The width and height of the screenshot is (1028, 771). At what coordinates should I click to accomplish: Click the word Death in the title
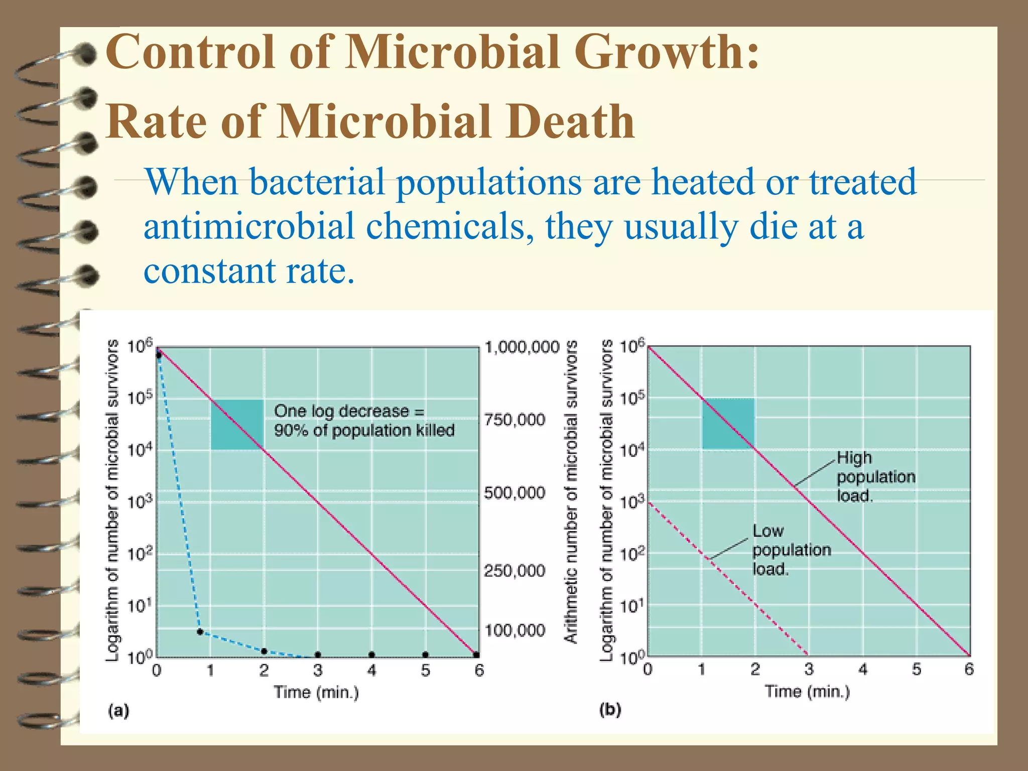[570, 122]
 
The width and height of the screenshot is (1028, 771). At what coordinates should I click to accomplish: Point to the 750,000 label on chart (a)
[515, 420]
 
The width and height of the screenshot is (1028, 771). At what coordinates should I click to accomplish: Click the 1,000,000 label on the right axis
[522, 347]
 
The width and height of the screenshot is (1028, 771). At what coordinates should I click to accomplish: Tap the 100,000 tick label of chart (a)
[515, 630]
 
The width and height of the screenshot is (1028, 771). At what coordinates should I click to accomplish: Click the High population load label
[875, 477]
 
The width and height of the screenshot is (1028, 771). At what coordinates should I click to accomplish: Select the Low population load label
[791, 550]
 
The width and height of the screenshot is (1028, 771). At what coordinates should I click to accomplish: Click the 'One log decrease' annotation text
[364, 421]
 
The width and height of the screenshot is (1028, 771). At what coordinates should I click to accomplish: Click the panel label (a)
[119, 711]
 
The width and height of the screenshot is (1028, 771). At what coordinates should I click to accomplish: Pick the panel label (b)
[610, 710]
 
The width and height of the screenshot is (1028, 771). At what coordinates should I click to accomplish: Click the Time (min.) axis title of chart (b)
[807, 692]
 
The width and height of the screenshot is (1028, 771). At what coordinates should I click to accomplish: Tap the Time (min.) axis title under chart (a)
[316, 693]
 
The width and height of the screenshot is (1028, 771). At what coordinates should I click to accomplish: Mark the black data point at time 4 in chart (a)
[371, 655]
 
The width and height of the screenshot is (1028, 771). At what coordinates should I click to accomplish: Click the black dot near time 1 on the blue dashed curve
[200, 632]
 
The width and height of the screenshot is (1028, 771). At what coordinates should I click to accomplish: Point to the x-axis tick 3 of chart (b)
[809, 670]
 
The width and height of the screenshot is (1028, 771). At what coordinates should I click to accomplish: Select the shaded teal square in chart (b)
[728, 424]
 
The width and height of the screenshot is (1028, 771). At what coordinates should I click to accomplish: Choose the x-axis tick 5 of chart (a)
[426, 671]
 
